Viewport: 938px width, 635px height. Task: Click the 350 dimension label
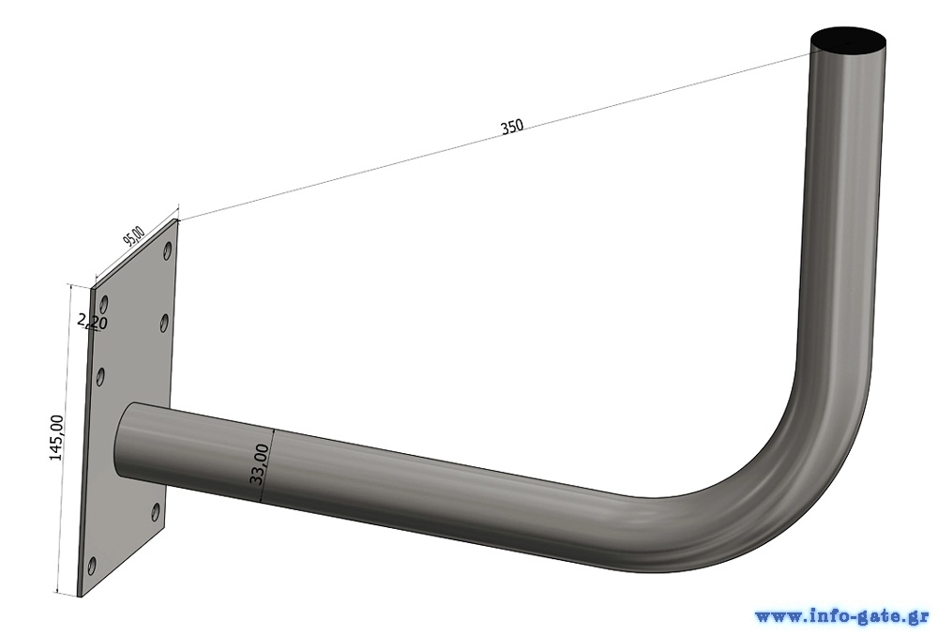pos(512,127)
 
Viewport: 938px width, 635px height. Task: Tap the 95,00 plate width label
pos(133,236)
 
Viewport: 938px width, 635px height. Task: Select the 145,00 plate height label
pos(56,438)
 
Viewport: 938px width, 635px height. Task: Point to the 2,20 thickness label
pos(93,322)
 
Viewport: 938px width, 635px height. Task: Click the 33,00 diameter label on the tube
pos(259,464)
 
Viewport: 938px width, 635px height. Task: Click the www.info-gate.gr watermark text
pos(841,616)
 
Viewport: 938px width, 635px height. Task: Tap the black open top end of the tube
pos(848,42)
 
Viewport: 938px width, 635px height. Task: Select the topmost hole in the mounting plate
pos(168,251)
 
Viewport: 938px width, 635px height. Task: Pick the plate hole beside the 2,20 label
pos(104,304)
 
